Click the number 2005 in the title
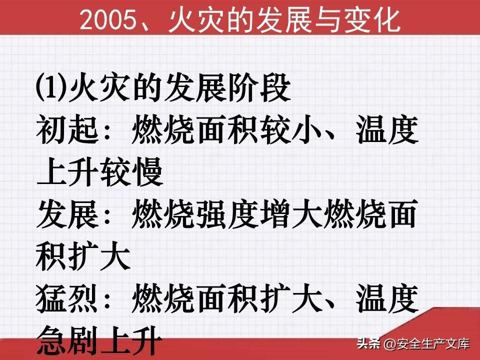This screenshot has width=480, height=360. coord(107,20)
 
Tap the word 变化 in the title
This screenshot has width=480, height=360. coord(372,20)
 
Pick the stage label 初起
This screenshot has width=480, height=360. coord(67,130)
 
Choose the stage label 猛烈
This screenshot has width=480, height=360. coord(67,298)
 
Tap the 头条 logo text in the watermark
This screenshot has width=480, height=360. coord(368,343)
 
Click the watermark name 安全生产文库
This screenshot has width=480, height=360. coord(433,344)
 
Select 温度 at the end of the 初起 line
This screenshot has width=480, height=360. coord(387,130)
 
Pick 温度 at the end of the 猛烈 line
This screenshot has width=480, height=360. coord(387,298)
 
